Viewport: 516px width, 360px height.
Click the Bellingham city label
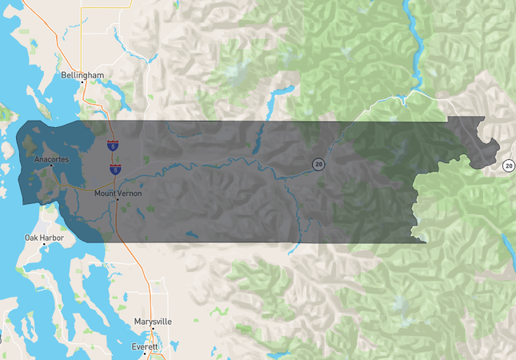(x=83, y=75)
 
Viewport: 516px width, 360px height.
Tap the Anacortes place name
(x=52, y=160)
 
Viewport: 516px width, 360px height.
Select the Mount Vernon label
(x=117, y=193)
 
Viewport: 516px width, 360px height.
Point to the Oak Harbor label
(x=42, y=238)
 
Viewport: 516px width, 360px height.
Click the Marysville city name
(x=152, y=321)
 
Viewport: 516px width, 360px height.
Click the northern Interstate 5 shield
(x=113, y=146)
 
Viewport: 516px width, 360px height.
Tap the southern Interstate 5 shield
(x=115, y=170)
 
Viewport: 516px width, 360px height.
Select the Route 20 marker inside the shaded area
(x=318, y=164)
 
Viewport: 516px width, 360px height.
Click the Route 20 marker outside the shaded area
(x=509, y=166)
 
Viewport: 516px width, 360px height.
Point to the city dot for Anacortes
(x=52, y=166)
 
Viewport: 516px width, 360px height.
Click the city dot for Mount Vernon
(x=117, y=200)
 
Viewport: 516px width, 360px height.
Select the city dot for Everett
(x=146, y=340)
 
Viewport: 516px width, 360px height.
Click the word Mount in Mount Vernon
(x=105, y=193)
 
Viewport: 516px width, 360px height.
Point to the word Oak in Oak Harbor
(x=30, y=238)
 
